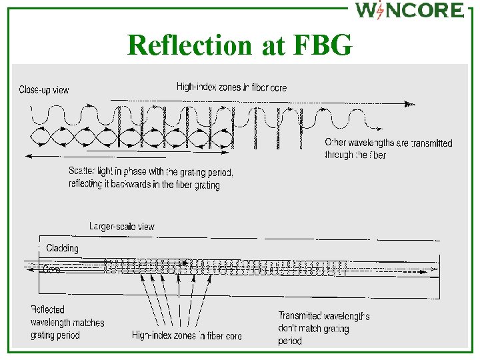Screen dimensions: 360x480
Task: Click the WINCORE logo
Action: point(409,11)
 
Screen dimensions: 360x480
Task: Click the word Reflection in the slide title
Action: point(188,45)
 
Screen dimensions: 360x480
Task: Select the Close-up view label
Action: point(43,89)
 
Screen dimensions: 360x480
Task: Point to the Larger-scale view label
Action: point(122,227)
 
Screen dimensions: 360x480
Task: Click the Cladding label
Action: point(62,248)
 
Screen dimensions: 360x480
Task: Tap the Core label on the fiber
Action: point(51,269)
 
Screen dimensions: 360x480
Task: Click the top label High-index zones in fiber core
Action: point(232,87)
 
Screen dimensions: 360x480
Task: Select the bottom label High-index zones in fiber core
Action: point(187,335)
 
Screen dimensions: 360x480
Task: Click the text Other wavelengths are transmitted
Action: point(388,143)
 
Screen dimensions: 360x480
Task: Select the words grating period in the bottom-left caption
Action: point(55,335)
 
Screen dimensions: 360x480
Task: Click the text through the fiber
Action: point(355,155)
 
